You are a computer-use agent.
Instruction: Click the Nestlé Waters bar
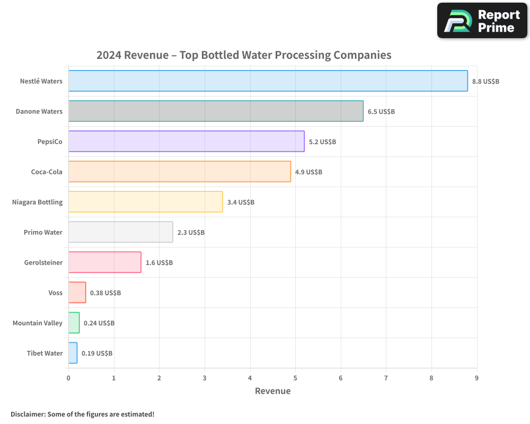pos(268,81)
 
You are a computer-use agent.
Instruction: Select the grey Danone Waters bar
pos(216,111)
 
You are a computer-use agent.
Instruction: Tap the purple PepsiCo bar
pos(186,142)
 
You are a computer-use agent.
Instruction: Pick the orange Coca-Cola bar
pos(179,172)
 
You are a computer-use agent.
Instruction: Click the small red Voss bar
pos(77,293)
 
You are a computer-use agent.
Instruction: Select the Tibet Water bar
pos(73,353)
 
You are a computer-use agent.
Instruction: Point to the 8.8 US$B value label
pos(485,82)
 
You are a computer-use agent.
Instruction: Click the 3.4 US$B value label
pos(241,202)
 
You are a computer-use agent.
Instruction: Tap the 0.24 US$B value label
pos(99,323)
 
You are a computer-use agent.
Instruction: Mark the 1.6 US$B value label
pos(159,263)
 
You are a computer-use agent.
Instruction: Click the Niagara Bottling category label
pos(37,202)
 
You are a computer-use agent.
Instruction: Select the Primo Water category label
pos(43,232)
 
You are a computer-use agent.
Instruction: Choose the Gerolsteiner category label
pos(43,262)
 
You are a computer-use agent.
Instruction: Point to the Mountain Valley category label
pos(38,323)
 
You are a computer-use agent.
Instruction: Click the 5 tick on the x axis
pos(295,378)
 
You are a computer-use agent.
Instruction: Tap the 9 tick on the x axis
pos(476,378)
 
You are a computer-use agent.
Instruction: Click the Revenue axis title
pos(273,391)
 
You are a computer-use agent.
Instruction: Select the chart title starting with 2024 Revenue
pos(244,55)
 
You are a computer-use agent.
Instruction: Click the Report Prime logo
pos(482,21)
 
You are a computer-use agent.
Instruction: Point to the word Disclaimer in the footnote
pos(28,414)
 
